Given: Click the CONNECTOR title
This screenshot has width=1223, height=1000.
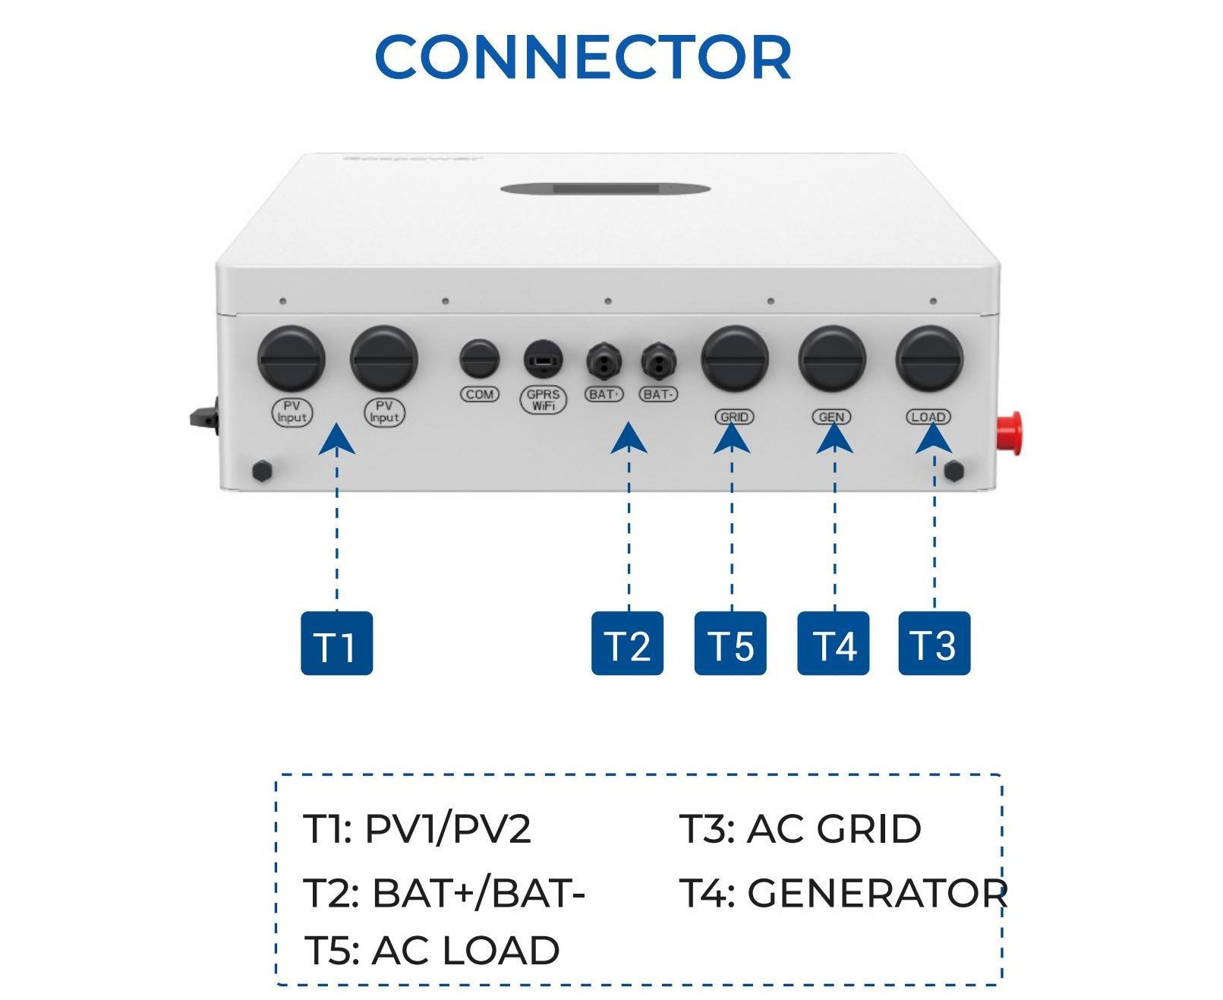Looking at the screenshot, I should click(583, 57).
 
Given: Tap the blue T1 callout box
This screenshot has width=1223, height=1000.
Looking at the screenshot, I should click(336, 643).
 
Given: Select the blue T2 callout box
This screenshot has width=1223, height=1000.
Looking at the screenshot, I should click(627, 643).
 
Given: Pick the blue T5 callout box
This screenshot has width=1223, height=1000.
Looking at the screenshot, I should click(730, 643).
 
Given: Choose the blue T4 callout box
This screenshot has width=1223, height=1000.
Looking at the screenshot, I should click(833, 643).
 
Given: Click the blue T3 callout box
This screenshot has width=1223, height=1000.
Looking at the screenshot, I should click(934, 643).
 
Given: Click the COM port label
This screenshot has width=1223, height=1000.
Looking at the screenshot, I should click(480, 394).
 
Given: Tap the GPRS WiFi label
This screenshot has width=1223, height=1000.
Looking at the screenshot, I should click(544, 399).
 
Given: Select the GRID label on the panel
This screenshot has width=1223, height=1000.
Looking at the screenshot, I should click(734, 417).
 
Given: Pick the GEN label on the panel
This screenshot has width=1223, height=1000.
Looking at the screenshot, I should click(832, 417).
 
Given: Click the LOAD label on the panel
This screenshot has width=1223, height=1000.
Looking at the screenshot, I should click(928, 417).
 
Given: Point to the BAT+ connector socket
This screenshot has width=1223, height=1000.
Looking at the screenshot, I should click(604, 362).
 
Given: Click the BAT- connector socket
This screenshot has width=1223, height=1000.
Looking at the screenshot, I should click(658, 362).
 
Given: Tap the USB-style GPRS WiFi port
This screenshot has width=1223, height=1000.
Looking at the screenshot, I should click(544, 359).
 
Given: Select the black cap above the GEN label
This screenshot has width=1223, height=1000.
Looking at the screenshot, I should click(832, 358).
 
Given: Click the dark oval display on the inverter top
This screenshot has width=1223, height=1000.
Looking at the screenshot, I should click(605, 188).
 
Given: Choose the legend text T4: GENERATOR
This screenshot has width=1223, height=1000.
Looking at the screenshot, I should click(843, 893).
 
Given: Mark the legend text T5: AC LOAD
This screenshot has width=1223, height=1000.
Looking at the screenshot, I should click(432, 951).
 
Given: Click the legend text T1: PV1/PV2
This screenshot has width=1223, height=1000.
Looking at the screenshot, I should click(417, 828).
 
